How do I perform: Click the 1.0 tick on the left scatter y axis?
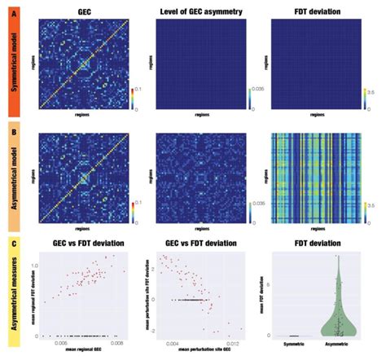(33, 266)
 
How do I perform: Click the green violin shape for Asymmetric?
(344, 314)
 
